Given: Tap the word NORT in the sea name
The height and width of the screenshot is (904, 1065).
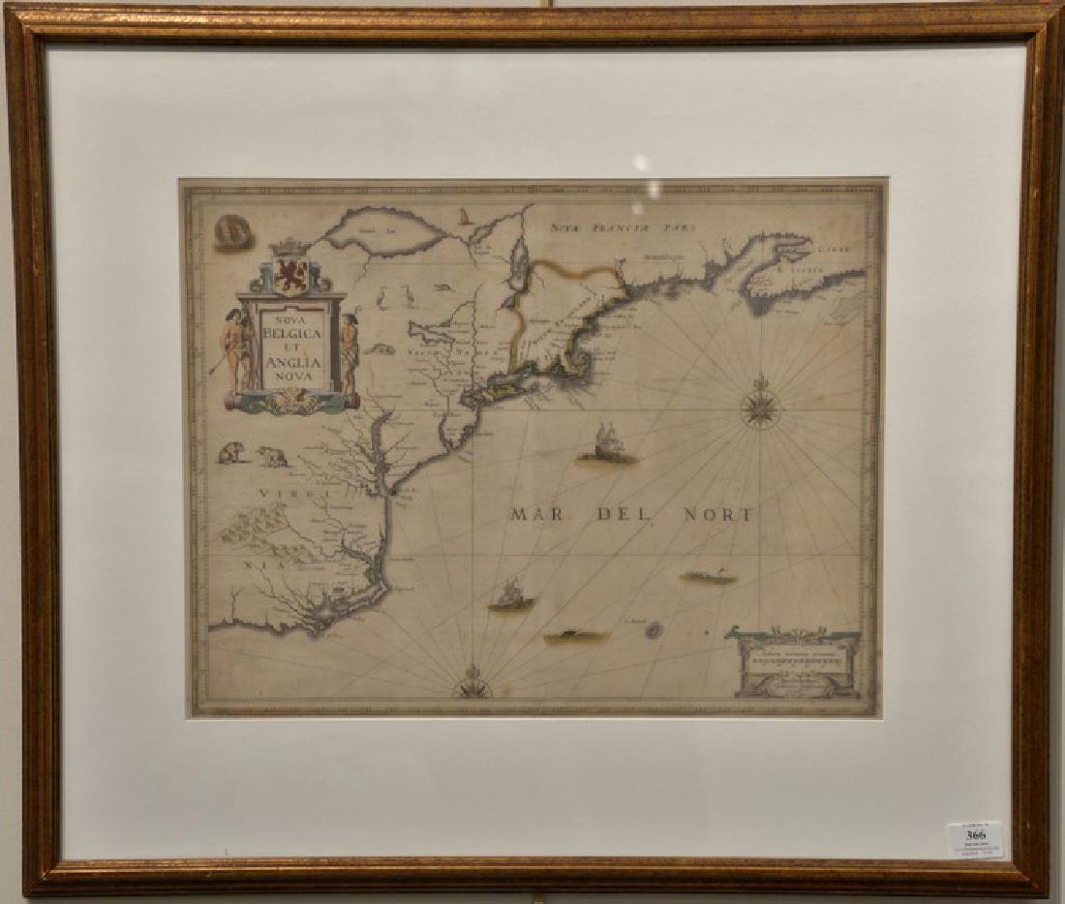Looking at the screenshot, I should pos(717,514).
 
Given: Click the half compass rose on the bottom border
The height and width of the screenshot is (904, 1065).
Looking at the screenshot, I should pos(473,685).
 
